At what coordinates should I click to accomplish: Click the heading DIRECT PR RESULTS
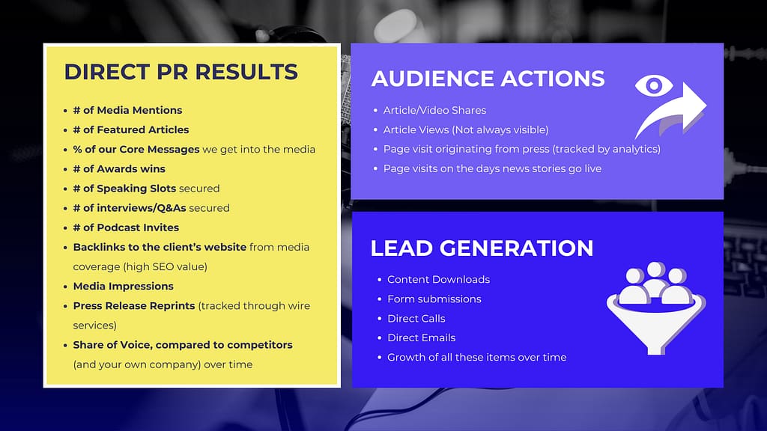click(x=181, y=72)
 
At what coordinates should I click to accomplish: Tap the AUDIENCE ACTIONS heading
click(x=488, y=79)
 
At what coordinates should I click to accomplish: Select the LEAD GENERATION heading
click(x=482, y=248)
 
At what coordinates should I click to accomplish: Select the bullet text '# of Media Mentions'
click(x=127, y=110)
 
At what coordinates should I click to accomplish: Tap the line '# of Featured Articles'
click(x=131, y=129)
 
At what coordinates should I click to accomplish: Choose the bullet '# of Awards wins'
click(x=119, y=168)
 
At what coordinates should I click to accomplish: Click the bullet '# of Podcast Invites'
click(x=126, y=227)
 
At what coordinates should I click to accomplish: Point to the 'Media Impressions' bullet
click(x=123, y=286)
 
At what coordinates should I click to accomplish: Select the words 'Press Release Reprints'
click(x=134, y=305)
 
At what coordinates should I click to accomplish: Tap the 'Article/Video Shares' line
click(x=434, y=110)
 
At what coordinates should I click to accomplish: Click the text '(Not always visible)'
click(x=500, y=129)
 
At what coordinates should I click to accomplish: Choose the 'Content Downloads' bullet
click(x=438, y=279)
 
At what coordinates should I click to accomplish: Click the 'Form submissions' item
click(x=434, y=299)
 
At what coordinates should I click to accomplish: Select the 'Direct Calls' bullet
click(x=416, y=318)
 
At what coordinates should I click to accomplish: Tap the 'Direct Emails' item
click(x=421, y=337)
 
